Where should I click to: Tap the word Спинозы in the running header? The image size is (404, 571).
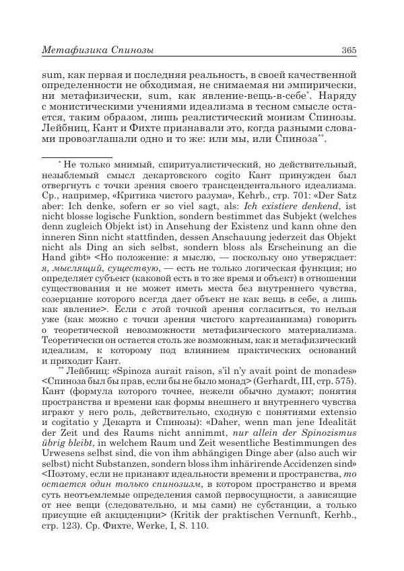(x=131, y=50)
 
